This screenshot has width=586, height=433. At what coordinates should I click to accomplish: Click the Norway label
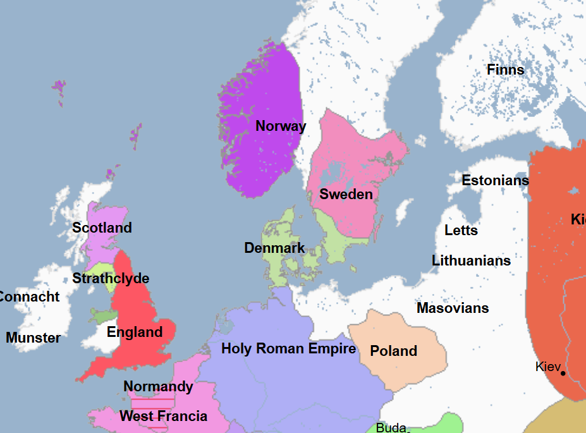click(x=281, y=126)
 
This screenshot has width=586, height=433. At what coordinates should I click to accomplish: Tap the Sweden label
click(x=346, y=194)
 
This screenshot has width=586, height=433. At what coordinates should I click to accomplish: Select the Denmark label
click(x=274, y=248)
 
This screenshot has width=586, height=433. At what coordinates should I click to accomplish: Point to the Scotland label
click(x=102, y=228)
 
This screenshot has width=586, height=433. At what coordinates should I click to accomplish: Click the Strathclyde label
click(x=111, y=278)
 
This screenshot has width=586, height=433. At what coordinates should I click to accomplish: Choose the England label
click(x=135, y=332)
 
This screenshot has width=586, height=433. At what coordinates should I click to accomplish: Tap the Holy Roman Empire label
click(x=288, y=348)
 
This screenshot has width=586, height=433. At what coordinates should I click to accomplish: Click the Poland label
click(x=393, y=351)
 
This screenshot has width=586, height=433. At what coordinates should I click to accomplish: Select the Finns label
click(x=505, y=70)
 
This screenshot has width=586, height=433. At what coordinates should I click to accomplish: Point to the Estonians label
click(x=495, y=180)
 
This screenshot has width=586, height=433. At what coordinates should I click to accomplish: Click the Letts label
click(x=461, y=230)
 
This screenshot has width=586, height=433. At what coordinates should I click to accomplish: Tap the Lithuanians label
click(x=471, y=260)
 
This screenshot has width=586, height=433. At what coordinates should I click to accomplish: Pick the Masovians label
click(x=453, y=308)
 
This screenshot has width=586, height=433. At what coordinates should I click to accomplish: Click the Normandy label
click(x=158, y=386)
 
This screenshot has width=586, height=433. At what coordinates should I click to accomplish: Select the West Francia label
click(x=163, y=416)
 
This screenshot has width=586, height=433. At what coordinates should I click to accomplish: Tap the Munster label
click(x=33, y=338)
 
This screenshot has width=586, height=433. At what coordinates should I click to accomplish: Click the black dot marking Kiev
click(x=563, y=373)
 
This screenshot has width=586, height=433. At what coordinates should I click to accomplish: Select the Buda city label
click(x=391, y=428)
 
